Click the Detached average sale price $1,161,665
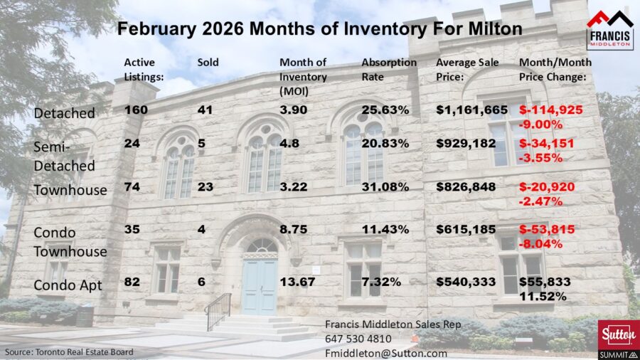pos(471,110)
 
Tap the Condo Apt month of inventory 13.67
pos(299,282)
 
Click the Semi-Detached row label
pos(65,155)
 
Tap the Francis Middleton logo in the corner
pos(609,29)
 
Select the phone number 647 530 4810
pos(358,339)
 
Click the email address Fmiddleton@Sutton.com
pos(386,352)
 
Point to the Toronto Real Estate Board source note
pos(70,352)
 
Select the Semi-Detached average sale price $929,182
pos(465,143)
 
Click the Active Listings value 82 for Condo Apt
pos(132,282)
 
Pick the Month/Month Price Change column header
pos(555,69)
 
